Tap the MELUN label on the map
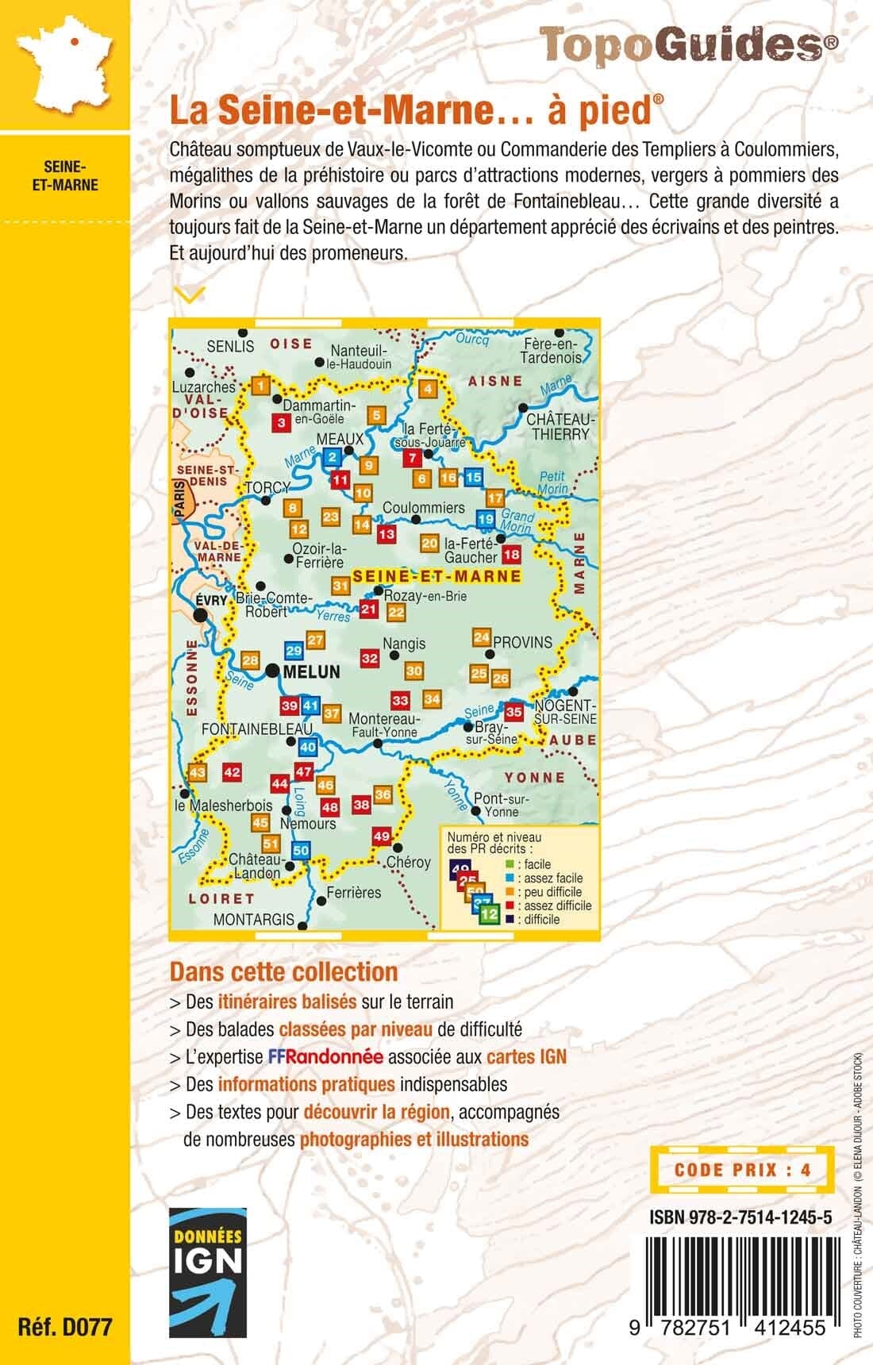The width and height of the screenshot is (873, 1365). (x=310, y=672)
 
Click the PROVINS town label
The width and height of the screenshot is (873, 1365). (x=521, y=642)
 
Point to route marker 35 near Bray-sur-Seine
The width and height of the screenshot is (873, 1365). (x=514, y=712)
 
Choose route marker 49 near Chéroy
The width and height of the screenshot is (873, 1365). (x=381, y=836)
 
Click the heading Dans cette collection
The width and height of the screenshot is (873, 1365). (x=283, y=971)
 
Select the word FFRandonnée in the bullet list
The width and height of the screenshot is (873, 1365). (x=325, y=1057)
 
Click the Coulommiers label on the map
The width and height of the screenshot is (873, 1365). (x=423, y=507)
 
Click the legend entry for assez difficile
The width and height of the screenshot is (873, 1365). (x=552, y=906)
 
